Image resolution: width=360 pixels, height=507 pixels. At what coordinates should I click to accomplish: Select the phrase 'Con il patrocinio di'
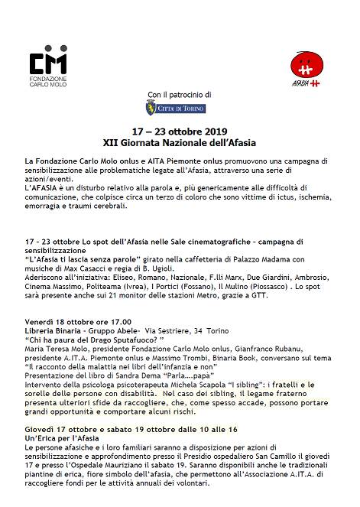(x=180, y=94)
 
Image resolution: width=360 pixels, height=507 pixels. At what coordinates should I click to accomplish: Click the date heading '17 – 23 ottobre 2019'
(x=180, y=132)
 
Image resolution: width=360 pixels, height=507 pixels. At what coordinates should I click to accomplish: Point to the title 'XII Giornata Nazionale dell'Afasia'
(x=180, y=142)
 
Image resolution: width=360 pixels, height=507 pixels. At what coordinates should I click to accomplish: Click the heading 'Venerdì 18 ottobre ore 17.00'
(x=78, y=322)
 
